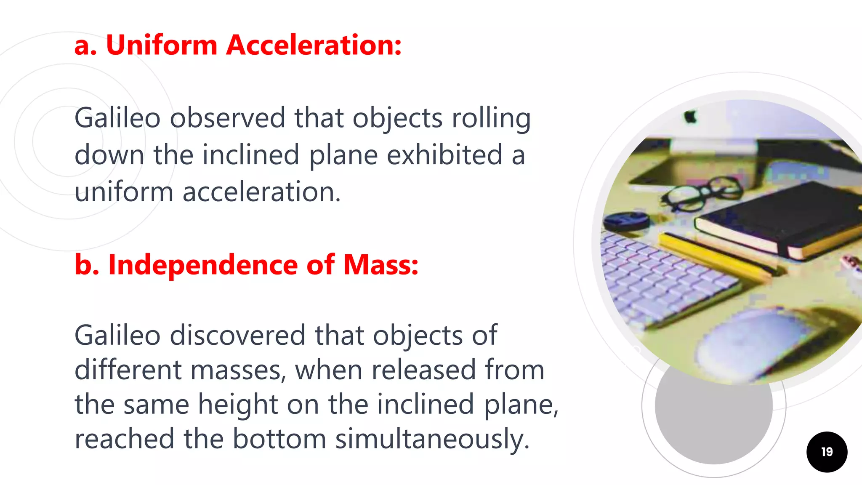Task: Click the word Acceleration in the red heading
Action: (x=314, y=45)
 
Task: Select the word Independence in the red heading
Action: (x=203, y=265)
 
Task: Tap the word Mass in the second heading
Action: (x=380, y=265)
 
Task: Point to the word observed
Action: (x=227, y=118)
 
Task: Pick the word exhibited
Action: (x=444, y=155)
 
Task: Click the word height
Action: (x=238, y=404)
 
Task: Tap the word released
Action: (x=423, y=370)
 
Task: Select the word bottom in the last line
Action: (x=279, y=439)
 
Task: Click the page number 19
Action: (x=827, y=452)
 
